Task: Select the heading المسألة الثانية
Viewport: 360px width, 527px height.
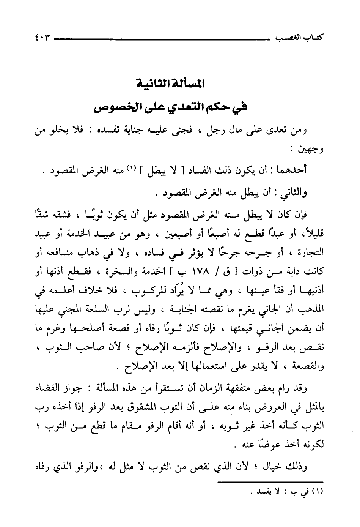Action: coord(170,84)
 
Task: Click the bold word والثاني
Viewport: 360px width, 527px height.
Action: coord(294,192)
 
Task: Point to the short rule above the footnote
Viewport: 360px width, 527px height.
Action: coord(269,482)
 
